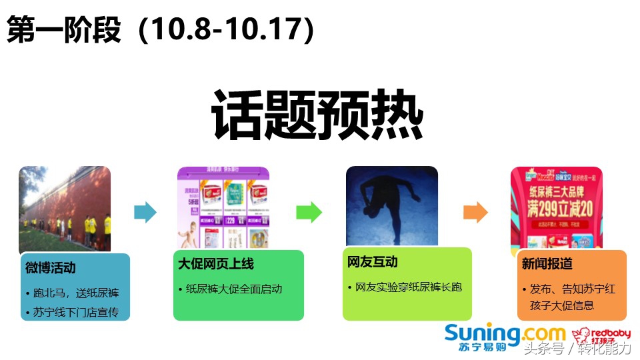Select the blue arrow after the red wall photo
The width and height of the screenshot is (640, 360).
pos(145,213)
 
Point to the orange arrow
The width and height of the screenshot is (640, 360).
pos(475,213)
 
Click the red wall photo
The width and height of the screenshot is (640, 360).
pos(65,208)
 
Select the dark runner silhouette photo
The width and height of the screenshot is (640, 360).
pos(391,207)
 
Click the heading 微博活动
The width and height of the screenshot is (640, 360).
pos(51,268)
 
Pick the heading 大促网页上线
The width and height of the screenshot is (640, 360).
pos(216,264)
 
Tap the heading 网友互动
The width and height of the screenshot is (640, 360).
pos(373,262)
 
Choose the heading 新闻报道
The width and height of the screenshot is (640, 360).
pos(547,264)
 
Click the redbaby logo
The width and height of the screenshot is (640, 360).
pos(592,337)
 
